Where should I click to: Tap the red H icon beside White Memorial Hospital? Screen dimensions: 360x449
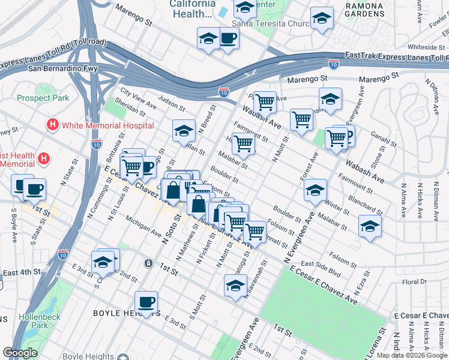[53, 125]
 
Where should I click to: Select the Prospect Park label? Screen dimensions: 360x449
[43, 98]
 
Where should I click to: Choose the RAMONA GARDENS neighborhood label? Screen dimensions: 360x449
[364, 9]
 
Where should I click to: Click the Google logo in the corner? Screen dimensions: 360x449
[20, 353]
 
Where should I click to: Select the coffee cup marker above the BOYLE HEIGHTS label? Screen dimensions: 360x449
[146, 302]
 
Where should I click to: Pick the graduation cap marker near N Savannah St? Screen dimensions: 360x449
[235, 285]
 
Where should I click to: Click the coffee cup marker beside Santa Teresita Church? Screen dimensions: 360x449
[228, 39]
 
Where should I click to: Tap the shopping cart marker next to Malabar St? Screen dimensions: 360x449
[243, 143]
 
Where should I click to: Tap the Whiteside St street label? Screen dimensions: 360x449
[426, 47]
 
